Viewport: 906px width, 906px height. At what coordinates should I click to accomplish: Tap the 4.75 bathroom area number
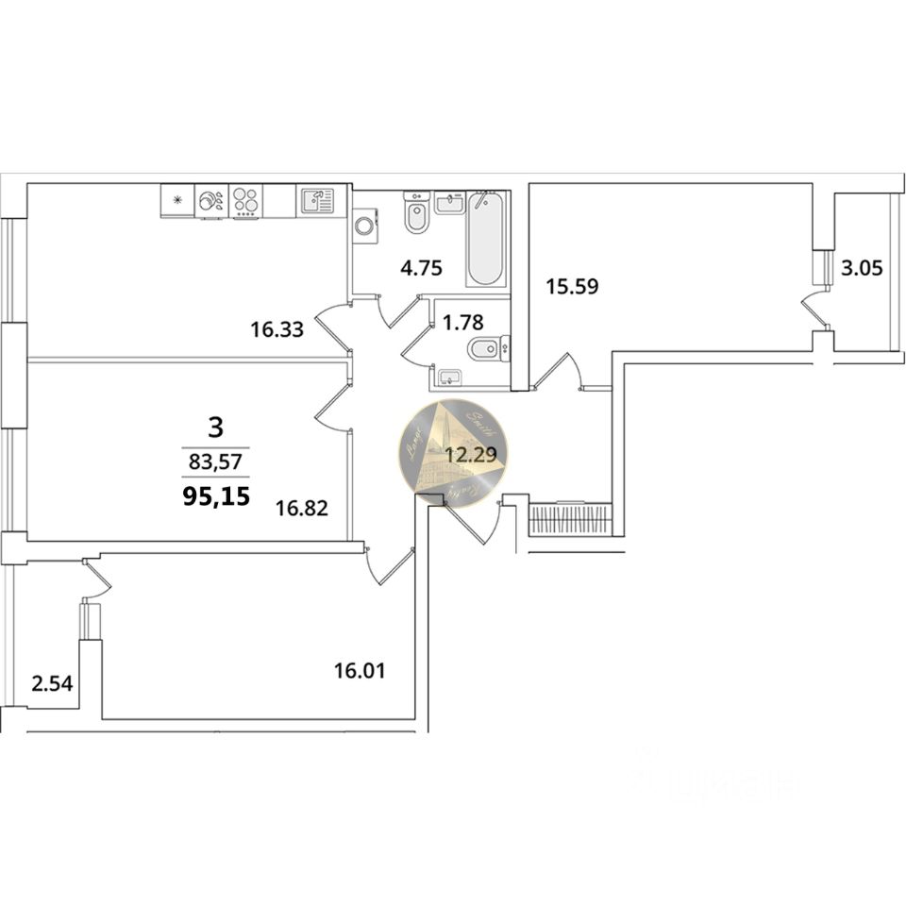(x=421, y=267)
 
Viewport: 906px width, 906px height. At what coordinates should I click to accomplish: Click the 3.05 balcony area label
(x=862, y=268)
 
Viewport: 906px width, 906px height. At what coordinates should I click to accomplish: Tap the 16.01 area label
(x=361, y=671)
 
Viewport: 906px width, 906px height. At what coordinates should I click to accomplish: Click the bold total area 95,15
(x=216, y=495)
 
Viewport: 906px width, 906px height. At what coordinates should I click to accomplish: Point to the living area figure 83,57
(x=216, y=462)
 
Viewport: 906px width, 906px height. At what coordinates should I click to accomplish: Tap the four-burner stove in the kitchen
(x=245, y=201)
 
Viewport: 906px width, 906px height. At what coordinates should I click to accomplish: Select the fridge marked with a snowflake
(x=176, y=201)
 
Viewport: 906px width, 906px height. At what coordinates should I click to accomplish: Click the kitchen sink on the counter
(x=316, y=201)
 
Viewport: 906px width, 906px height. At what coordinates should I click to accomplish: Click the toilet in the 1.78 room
(x=484, y=348)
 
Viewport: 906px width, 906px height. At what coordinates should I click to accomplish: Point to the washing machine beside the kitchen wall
(x=364, y=227)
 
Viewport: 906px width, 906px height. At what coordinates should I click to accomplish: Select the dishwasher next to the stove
(x=211, y=201)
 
